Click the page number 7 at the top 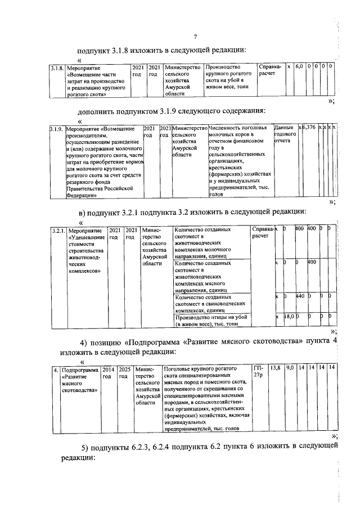[194, 38]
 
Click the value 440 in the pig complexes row [300, 296]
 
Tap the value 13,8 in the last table [276, 367]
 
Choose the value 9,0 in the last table [290, 367]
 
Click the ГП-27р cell [258, 371]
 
